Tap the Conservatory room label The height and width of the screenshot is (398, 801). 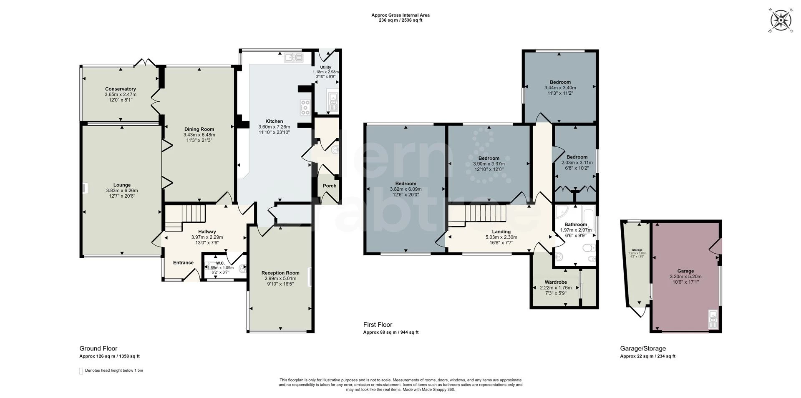point(120,89)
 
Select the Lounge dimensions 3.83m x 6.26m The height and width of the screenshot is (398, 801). point(122,191)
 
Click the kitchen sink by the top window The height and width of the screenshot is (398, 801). point(293,58)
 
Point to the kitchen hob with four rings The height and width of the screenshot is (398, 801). point(305,107)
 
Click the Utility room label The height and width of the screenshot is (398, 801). point(325,67)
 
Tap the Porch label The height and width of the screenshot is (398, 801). point(329,186)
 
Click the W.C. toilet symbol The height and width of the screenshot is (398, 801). point(242,270)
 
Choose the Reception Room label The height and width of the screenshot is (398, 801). point(280,273)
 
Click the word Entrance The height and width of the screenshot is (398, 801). point(183,262)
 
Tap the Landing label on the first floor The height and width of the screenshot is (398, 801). point(501,232)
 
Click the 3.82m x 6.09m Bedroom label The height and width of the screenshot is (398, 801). point(406,184)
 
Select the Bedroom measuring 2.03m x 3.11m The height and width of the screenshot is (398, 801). point(577,157)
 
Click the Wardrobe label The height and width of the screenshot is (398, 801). point(555,282)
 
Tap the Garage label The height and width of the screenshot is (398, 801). point(685,271)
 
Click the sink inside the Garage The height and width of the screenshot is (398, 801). point(713,320)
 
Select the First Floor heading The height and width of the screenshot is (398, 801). point(378,325)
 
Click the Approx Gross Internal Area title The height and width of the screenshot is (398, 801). point(400,15)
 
